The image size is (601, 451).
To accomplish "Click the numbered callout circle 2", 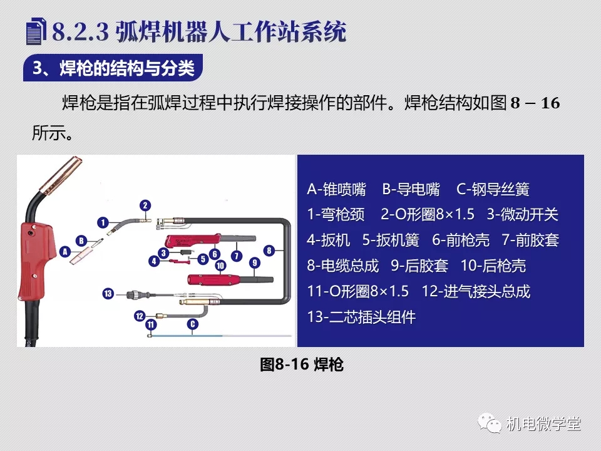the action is point(145,205).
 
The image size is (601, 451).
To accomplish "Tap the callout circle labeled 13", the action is point(108,294).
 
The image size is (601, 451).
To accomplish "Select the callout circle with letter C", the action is point(192,324).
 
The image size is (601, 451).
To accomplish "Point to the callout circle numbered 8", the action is point(269,251).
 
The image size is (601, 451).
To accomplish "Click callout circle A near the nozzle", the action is point(65,252).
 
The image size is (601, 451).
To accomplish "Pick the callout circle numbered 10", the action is point(220,266).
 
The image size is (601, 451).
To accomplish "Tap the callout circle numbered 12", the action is point(140,316).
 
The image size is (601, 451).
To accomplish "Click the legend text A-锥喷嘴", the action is point(337,189).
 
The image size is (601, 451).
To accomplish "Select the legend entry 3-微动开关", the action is point(522,214).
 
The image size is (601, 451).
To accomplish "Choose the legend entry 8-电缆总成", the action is point(342,266).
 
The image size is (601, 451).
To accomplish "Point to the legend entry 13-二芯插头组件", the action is point(361,317).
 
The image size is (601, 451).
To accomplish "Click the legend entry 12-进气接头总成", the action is point(476,291).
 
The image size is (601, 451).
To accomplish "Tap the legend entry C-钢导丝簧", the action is point(493,189).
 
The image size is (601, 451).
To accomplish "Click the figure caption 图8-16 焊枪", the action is point(301,365).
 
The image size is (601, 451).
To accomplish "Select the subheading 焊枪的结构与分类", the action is point(127,68).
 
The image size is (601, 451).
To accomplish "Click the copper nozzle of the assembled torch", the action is point(61,175).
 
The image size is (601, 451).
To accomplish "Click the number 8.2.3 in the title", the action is point(81,31).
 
